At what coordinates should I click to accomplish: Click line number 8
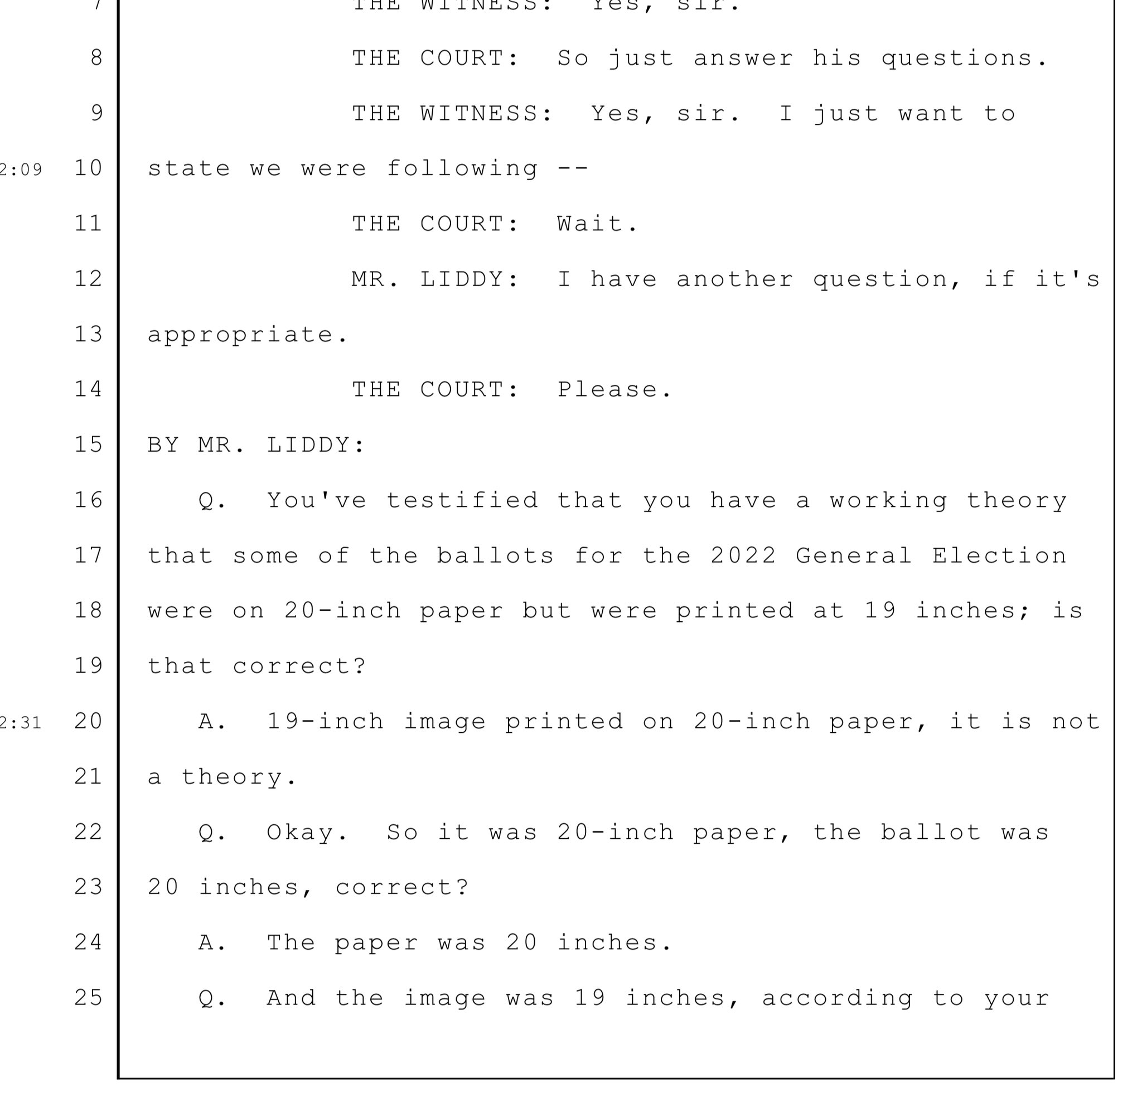tap(96, 57)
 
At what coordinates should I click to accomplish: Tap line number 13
tap(89, 334)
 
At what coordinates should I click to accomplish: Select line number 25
tap(89, 997)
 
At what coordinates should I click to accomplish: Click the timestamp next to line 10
tap(21, 170)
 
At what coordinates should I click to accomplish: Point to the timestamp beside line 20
tap(21, 723)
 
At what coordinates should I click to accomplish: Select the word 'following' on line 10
tap(463, 169)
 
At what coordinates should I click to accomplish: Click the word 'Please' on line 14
tap(613, 389)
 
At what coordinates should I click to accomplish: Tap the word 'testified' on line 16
tap(463, 500)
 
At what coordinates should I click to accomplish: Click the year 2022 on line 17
tap(743, 555)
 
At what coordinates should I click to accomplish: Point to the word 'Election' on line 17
tap(999, 555)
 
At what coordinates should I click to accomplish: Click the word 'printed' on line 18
tap(735, 611)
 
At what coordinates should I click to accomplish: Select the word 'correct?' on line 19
tap(299, 666)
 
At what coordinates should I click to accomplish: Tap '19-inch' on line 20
tap(325, 722)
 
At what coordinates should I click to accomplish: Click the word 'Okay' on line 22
tap(307, 832)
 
